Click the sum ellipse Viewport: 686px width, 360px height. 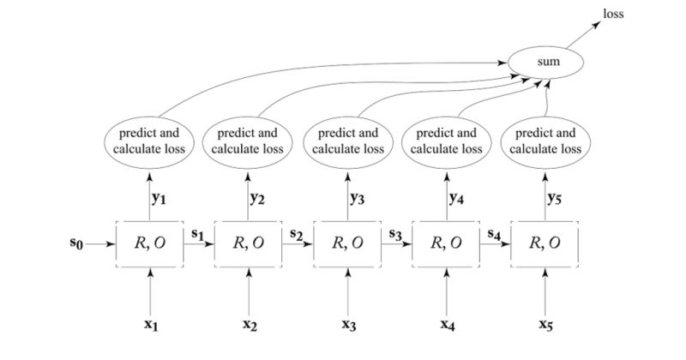click(x=547, y=62)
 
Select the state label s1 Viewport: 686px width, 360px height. click(x=197, y=233)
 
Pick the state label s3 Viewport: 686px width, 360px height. click(x=394, y=233)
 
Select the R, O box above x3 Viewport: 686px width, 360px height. click(x=348, y=243)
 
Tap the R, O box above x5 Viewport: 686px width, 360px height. click(x=545, y=243)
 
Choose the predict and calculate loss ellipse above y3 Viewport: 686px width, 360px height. click(x=348, y=141)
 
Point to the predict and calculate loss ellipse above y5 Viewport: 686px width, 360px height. click(x=545, y=141)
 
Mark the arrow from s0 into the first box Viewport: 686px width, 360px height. click(x=101, y=243)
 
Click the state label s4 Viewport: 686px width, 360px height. click(x=493, y=233)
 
